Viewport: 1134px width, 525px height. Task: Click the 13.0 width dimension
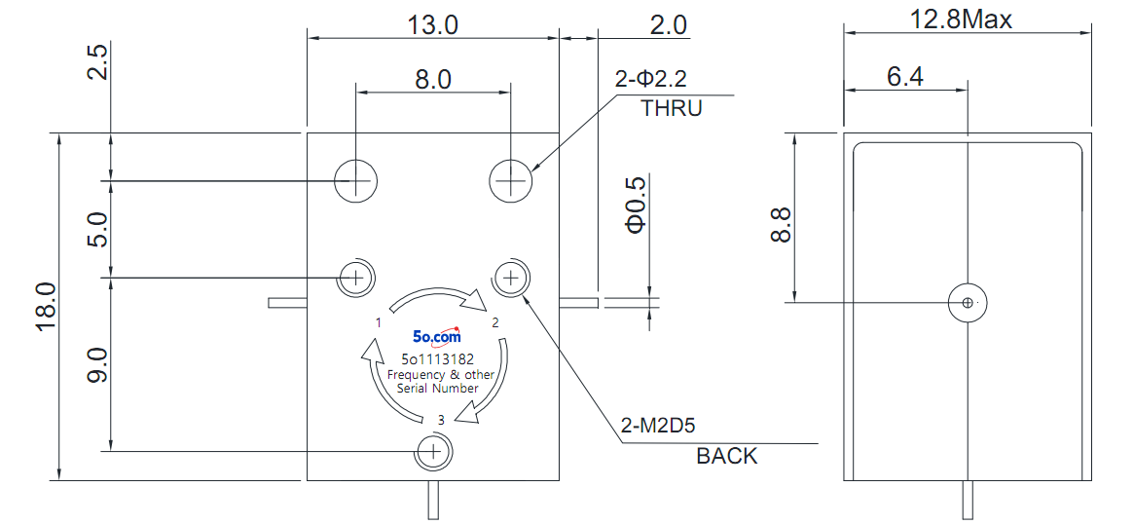click(x=432, y=24)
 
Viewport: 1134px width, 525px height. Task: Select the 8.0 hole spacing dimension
click(x=432, y=79)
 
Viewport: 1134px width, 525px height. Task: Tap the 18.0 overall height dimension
click(x=46, y=306)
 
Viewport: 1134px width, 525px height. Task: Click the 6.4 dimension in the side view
click(x=904, y=76)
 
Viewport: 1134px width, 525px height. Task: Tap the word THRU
click(x=672, y=109)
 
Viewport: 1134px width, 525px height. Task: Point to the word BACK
click(x=727, y=456)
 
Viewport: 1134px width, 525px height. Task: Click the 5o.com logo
click(x=436, y=335)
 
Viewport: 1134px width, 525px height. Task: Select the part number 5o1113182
click(x=438, y=359)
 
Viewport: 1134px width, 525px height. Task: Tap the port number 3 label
click(x=440, y=419)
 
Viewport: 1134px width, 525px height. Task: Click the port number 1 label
click(x=378, y=322)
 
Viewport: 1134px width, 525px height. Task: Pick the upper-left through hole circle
click(x=356, y=179)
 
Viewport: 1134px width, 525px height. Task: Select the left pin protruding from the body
click(x=288, y=303)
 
